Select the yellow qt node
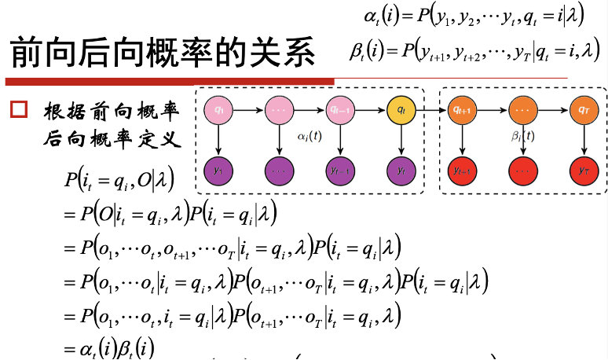[401, 110]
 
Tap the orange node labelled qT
[582, 110]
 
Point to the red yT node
[582, 169]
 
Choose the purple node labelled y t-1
[339, 169]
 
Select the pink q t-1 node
[339, 110]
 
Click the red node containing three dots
[522, 169]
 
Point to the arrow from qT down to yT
[582, 139]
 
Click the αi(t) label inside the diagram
[309, 135]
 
